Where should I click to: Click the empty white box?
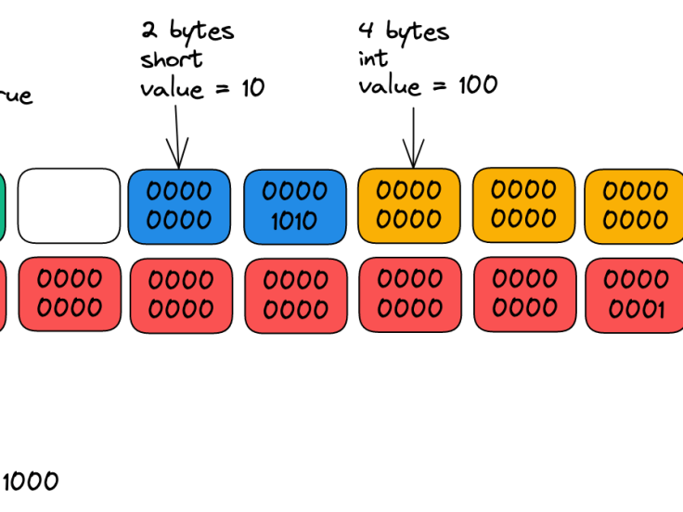(69, 205)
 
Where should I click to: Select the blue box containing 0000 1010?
(294, 206)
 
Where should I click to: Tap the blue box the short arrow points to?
(178, 206)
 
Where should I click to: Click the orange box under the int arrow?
(409, 206)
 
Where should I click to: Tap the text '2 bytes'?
(187, 31)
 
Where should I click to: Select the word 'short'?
(171, 59)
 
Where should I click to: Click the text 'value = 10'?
(202, 88)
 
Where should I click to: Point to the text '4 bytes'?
(404, 31)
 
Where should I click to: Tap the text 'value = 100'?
(428, 85)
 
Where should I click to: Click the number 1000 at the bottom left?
(30, 481)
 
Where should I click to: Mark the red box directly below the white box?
(70, 294)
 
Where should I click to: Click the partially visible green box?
(3, 205)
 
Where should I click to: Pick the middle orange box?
(523, 205)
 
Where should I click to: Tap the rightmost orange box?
(635, 206)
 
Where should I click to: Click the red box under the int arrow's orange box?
(409, 294)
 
